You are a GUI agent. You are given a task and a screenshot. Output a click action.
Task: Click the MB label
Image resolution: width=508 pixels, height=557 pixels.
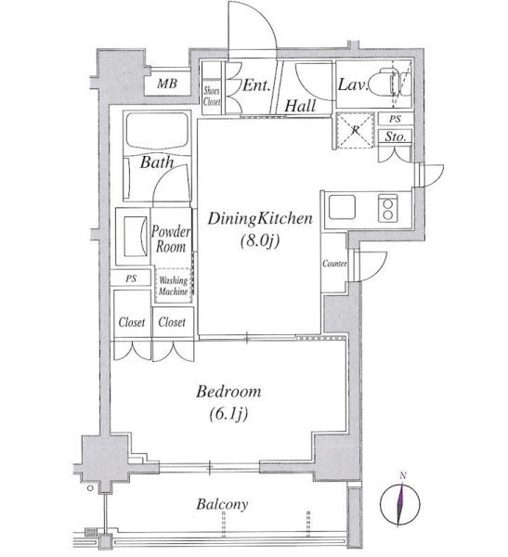point(167,84)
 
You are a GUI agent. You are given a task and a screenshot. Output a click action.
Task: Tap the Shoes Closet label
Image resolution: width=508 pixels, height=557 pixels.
point(212,97)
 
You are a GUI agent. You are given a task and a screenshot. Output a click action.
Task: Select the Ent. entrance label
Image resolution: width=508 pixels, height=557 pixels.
point(256,85)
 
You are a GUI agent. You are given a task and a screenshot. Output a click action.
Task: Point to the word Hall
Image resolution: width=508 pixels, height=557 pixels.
point(300,106)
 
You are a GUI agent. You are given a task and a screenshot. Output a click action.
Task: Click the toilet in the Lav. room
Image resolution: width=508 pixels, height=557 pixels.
point(390,84)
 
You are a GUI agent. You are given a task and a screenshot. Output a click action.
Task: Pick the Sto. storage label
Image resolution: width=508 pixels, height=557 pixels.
point(396,136)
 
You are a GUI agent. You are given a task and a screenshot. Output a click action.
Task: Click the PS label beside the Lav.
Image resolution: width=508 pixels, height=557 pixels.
point(395,119)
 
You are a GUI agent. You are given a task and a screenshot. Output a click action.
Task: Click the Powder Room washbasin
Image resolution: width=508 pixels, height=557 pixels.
point(136,236)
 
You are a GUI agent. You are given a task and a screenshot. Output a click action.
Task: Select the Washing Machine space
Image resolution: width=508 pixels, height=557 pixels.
point(174,285)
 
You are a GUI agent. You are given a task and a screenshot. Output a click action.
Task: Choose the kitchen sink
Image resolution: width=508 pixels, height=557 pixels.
point(342,207)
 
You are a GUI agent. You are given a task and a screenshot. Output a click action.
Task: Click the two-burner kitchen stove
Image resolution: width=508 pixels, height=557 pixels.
point(388,208)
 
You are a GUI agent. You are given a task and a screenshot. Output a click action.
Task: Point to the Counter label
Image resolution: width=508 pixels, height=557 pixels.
point(334,264)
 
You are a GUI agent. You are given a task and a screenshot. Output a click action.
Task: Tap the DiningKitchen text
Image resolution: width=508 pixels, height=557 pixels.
point(260,218)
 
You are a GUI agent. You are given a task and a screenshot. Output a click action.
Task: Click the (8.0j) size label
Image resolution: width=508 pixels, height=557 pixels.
point(259,240)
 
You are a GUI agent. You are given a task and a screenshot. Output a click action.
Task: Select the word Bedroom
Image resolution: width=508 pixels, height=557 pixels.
point(228,392)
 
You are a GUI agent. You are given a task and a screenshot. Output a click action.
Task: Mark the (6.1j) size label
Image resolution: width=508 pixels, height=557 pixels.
point(228,414)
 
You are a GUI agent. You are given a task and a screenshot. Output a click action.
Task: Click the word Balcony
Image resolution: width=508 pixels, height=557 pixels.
point(222,504)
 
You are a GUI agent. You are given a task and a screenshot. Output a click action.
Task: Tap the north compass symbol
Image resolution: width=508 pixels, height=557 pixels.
point(400,503)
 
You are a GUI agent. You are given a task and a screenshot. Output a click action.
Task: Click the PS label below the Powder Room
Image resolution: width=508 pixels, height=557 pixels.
point(131,278)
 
